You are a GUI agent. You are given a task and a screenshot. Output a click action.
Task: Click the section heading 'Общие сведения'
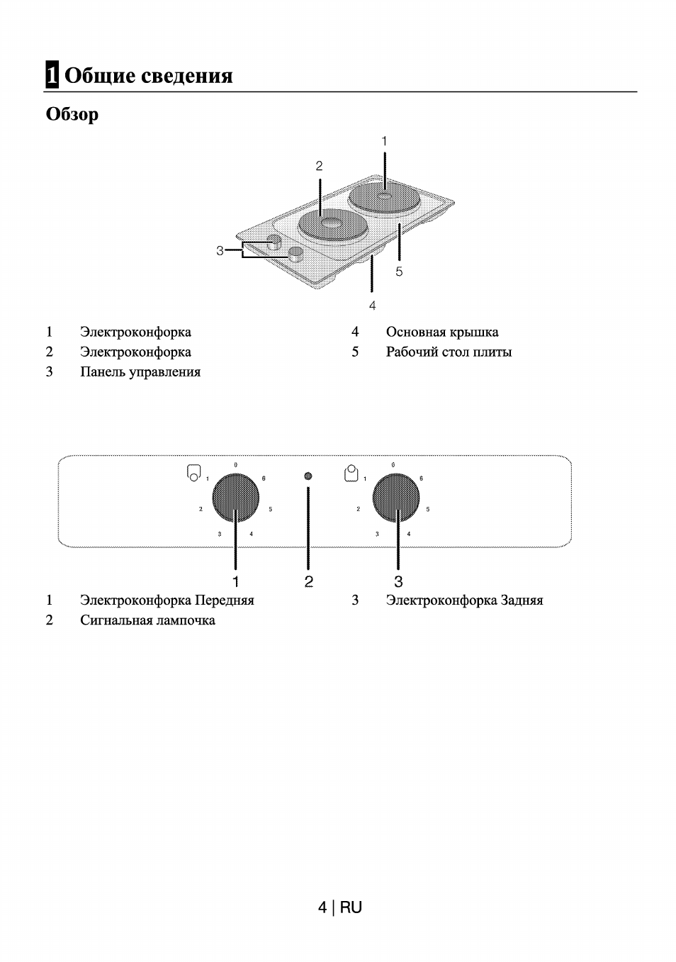[x=148, y=75]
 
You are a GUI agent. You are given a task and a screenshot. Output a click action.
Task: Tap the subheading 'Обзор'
[x=72, y=114]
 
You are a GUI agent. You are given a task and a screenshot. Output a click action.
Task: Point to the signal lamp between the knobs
[x=308, y=476]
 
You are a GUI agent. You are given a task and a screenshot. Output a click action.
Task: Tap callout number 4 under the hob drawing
[x=372, y=306]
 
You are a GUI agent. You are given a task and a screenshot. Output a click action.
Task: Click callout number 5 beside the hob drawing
[x=399, y=272]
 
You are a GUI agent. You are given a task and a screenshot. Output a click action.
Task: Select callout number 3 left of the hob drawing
[x=220, y=250]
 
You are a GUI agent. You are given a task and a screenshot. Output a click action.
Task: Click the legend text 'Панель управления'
[x=140, y=371]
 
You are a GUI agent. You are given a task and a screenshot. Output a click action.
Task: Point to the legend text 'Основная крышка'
[x=442, y=332]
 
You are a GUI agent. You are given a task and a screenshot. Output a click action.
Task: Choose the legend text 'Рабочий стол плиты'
[x=449, y=352]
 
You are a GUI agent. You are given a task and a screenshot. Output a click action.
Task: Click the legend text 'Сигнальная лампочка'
[x=147, y=620]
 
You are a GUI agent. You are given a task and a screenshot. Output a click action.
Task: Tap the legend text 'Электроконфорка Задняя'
[x=464, y=600]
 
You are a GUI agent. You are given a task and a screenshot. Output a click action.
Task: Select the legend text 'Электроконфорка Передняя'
[x=167, y=600]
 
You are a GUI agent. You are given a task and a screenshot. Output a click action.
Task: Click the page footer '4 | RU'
[x=340, y=907]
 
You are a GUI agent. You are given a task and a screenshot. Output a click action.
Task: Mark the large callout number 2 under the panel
[x=309, y=581]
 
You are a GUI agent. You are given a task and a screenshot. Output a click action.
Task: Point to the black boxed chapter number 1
[x=52, y=75]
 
